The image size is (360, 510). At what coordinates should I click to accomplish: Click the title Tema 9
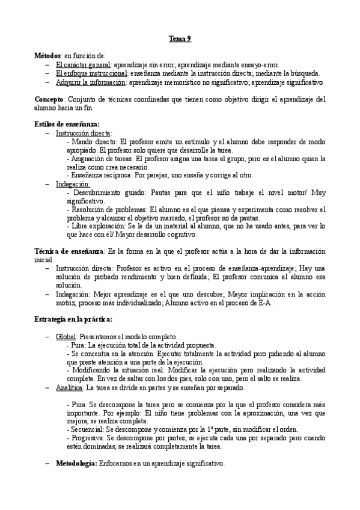pyautogui.click(x=180, y=39)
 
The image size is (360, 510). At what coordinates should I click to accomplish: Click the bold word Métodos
pyautogui.click(x=47, y=55)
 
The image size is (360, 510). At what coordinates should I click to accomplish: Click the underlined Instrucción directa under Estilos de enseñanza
pyautogui.click(x=84, y=133)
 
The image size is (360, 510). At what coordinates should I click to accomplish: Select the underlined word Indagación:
pyautogui.click(x=73, y=184)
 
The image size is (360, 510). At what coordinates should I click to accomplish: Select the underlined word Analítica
pyautogui.click(x=70, y=388)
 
